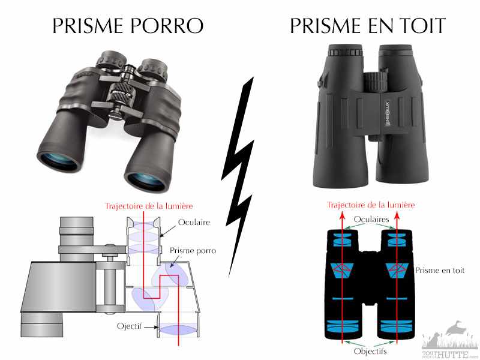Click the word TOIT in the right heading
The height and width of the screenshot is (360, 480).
pos(424,25)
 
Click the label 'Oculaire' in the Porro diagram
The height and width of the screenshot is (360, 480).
pos(194,222)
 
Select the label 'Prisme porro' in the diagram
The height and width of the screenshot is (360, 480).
pos(193,251)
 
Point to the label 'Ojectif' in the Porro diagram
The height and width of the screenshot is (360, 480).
pos(130,326)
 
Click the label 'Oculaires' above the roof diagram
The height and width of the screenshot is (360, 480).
pos(371,219)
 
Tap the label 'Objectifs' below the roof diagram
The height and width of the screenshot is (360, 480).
pos(370,351)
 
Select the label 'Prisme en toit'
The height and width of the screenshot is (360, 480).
pos(440,271)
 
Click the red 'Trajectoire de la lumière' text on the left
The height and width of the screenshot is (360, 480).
pos(149,206)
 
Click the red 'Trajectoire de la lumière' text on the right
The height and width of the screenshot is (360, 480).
pos(371,205)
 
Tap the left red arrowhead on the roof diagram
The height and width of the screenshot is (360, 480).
pos(342,215)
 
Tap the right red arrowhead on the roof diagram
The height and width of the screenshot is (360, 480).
pos(397,215)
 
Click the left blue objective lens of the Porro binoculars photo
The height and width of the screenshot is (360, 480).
pos(59,161)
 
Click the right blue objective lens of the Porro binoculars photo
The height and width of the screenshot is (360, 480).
pos(146,181)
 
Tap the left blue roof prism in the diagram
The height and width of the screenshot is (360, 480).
pos(343,271)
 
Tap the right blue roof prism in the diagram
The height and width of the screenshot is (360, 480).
pos(397,271)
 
